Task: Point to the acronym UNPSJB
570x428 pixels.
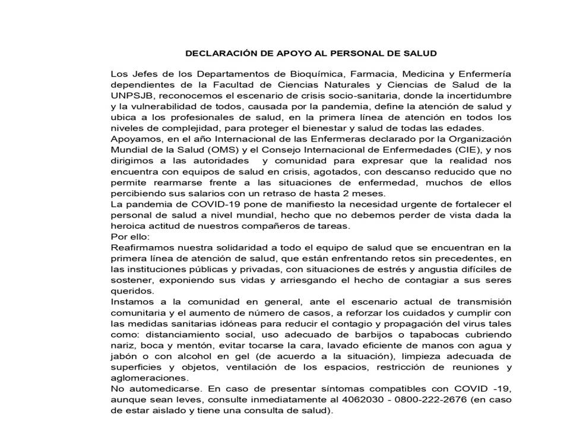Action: coord(129,95)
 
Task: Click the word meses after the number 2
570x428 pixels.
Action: coord(370,194)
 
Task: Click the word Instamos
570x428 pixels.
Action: coord(130,302)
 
